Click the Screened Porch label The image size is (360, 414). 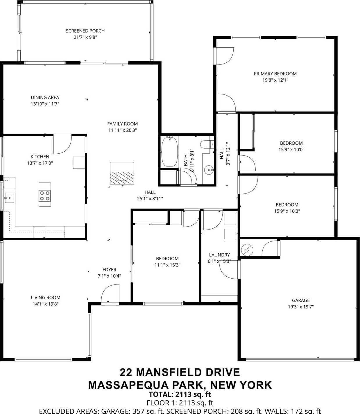click(x=85, y=31)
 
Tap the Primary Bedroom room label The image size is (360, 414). click(x=275, y=74)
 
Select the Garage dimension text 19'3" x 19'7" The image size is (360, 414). click(x=301, y=307)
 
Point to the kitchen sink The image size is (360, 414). click(x=8, y=198)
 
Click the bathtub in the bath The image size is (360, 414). click(x=170, y=152)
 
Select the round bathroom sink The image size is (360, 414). click(x=209, y=170)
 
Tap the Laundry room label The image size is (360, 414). click(x=219, y=255)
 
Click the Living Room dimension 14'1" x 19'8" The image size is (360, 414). click(x=46, y=304)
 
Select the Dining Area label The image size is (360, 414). click(x=45, y=98)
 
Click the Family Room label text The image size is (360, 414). click(x=122, y=124)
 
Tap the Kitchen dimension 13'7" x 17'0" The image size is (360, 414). click(x=40, y=163)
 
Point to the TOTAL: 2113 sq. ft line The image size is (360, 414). click(x=180, y=394)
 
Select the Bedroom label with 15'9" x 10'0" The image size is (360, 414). click(x=291, y=143)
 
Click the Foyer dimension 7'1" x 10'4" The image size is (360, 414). click(x=109, y=276)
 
